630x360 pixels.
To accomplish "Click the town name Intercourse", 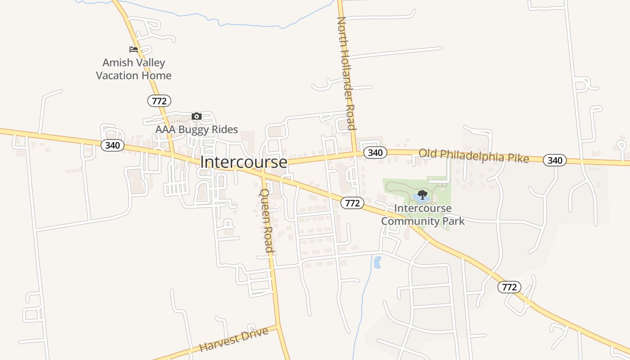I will coord(243,162).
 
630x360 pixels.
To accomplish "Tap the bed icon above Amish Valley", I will coord(134,49).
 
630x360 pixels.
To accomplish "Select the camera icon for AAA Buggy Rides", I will coord(196,117).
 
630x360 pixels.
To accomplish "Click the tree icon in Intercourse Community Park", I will coord(422,195).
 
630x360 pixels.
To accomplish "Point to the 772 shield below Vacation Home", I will coord(159,101).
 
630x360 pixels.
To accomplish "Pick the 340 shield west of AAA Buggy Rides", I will coord(112,145).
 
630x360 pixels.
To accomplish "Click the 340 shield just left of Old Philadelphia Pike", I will coord(375,153).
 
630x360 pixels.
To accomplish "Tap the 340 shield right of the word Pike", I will coord(555,160).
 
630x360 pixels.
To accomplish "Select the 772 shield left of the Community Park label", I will coord(352,203).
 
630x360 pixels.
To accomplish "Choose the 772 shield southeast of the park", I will coord(509,287).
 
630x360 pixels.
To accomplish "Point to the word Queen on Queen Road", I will coord(264,201).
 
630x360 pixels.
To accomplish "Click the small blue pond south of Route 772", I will coord(377,262).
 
